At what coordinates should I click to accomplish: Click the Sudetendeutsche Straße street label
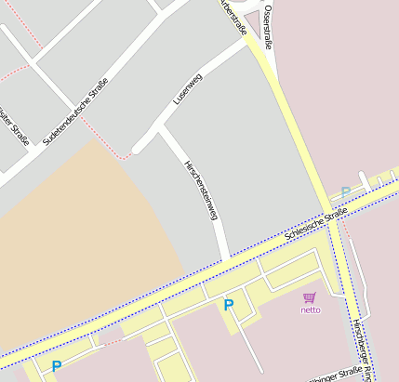coord(76,112)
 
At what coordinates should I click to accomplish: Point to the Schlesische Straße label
coord(316,224)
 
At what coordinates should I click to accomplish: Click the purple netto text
coord(310,310)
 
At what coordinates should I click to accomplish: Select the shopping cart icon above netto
coord(310,297)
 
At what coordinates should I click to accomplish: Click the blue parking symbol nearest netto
coord(229,305)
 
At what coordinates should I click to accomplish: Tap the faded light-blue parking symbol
coord(345,192)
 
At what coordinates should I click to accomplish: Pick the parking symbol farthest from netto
coord(57,367)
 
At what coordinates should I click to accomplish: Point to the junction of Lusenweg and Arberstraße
coord(247,43)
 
